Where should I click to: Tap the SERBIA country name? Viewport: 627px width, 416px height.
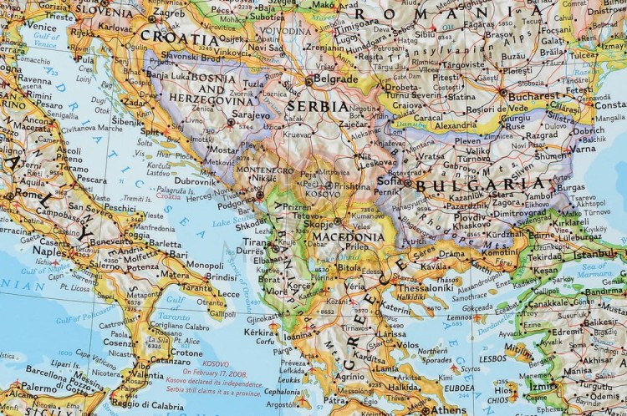pyautogui.click(x=317, y=107)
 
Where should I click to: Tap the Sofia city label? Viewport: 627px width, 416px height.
pyautogui.click(x=388, y=180)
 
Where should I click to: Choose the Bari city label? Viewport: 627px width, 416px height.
pyautogui.click(x=177, y=255)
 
